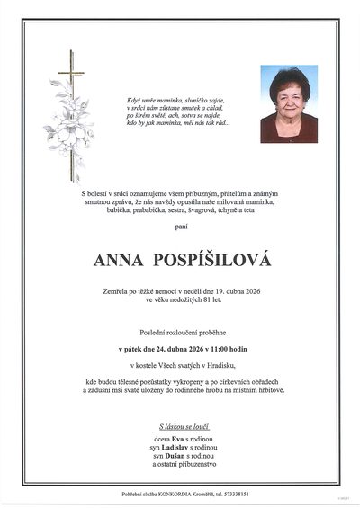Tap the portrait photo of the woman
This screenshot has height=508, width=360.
289,104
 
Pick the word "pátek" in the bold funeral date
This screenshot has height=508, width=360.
131,345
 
